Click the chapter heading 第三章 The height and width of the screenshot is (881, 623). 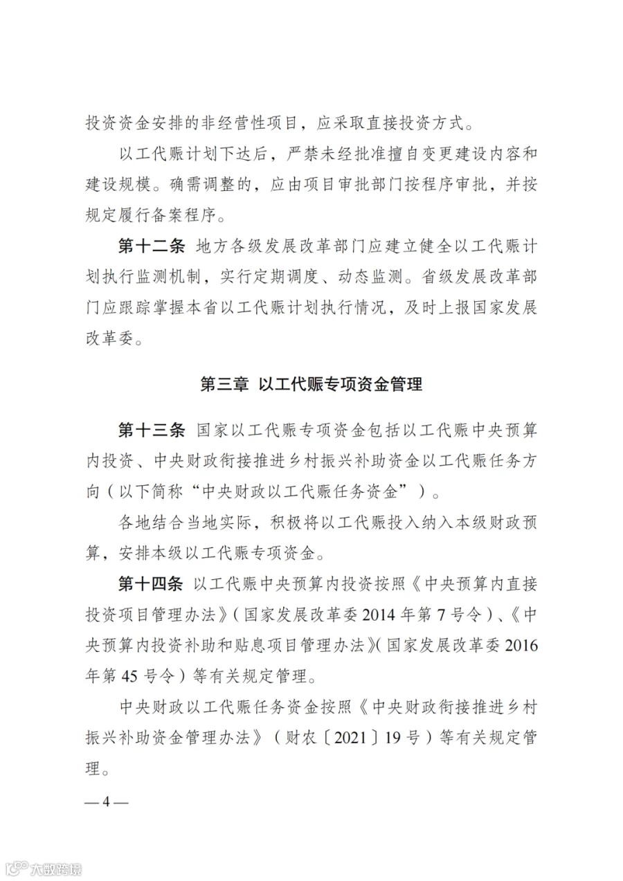[224, 385]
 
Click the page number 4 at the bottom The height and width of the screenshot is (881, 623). [106, 802]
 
